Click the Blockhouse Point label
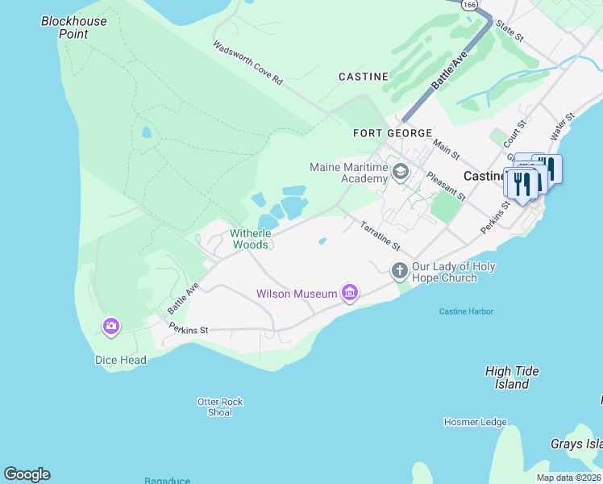[x=74, y=27]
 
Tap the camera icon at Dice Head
[x=111, y=326]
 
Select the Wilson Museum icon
[x=349, y=292]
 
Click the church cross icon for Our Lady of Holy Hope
[x=399, y=270]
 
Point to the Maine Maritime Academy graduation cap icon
[x=399, y=171]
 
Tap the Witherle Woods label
[x=251, y=239]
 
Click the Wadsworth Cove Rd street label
[x=248, y=63]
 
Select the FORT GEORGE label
[x=393, y=133]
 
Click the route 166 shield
[x=469, y=4]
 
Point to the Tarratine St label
[x=380, y=236]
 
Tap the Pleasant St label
[x=446, y=186]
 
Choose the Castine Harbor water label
[x=466, y=311]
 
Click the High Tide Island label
[x=512, y=378]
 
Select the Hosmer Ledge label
[x=475, y=422]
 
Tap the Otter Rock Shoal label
[x=220, y=407]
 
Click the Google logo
[x=27, y=474]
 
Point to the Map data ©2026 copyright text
[x=568, y=478]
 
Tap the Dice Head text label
[x=121, y=361]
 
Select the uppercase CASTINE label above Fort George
[x=363, y=77]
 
